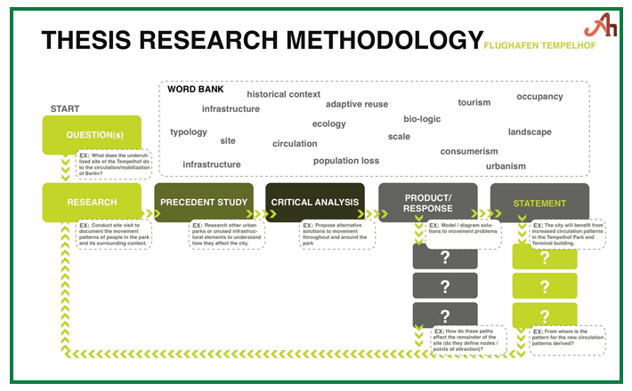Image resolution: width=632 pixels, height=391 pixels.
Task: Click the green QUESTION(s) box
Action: point(92,135)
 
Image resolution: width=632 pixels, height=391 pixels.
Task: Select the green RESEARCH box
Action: point(92,203)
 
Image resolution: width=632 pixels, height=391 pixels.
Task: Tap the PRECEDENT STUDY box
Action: point(204,203)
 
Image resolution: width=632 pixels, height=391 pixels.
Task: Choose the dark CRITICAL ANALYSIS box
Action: point(315,203)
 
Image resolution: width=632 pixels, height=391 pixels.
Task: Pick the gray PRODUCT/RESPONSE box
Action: point(428,203)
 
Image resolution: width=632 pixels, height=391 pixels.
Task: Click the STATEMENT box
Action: point(539,203)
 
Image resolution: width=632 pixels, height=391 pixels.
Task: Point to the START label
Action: point(65,109)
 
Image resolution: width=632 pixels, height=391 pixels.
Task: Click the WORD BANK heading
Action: point(196,90)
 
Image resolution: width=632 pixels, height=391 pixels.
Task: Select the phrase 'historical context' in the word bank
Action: point(283,94)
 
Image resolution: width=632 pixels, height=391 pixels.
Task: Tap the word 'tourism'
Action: point(474,103)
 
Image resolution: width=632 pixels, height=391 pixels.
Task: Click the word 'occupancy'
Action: point(539,97)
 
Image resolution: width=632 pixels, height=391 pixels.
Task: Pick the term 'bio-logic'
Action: point(422,119)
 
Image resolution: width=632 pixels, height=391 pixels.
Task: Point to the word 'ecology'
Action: point(328,124)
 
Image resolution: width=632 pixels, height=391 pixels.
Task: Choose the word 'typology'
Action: point(189,132)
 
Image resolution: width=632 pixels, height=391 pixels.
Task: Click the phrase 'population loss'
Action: point(346,161)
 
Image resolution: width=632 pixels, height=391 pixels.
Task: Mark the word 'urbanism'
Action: point(506,166)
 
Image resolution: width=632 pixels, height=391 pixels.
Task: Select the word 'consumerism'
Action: point(469,151)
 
